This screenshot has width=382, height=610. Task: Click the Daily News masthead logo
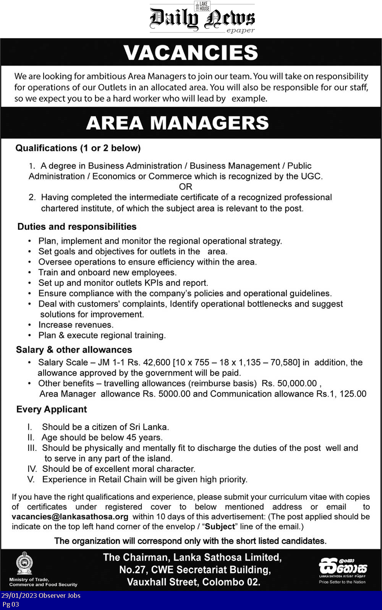(202, 18)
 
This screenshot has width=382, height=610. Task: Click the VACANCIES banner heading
(191, 53)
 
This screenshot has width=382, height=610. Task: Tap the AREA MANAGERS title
(178, 123)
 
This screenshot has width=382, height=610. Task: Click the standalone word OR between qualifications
(186, 187)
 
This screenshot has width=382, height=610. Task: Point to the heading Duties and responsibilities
(77, 227)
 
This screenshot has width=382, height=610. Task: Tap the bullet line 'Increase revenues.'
(76, 325)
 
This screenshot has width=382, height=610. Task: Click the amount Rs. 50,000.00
(289, 383)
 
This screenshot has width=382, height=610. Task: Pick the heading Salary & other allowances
(74, 350)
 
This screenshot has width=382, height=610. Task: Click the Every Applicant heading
(52, 409)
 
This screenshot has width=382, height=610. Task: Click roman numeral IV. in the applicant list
(32, 469)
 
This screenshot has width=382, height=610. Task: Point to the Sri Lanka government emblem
(24, 563)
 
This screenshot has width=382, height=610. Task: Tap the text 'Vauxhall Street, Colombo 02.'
(194, 582)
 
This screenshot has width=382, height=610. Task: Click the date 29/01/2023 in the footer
(19, 595)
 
